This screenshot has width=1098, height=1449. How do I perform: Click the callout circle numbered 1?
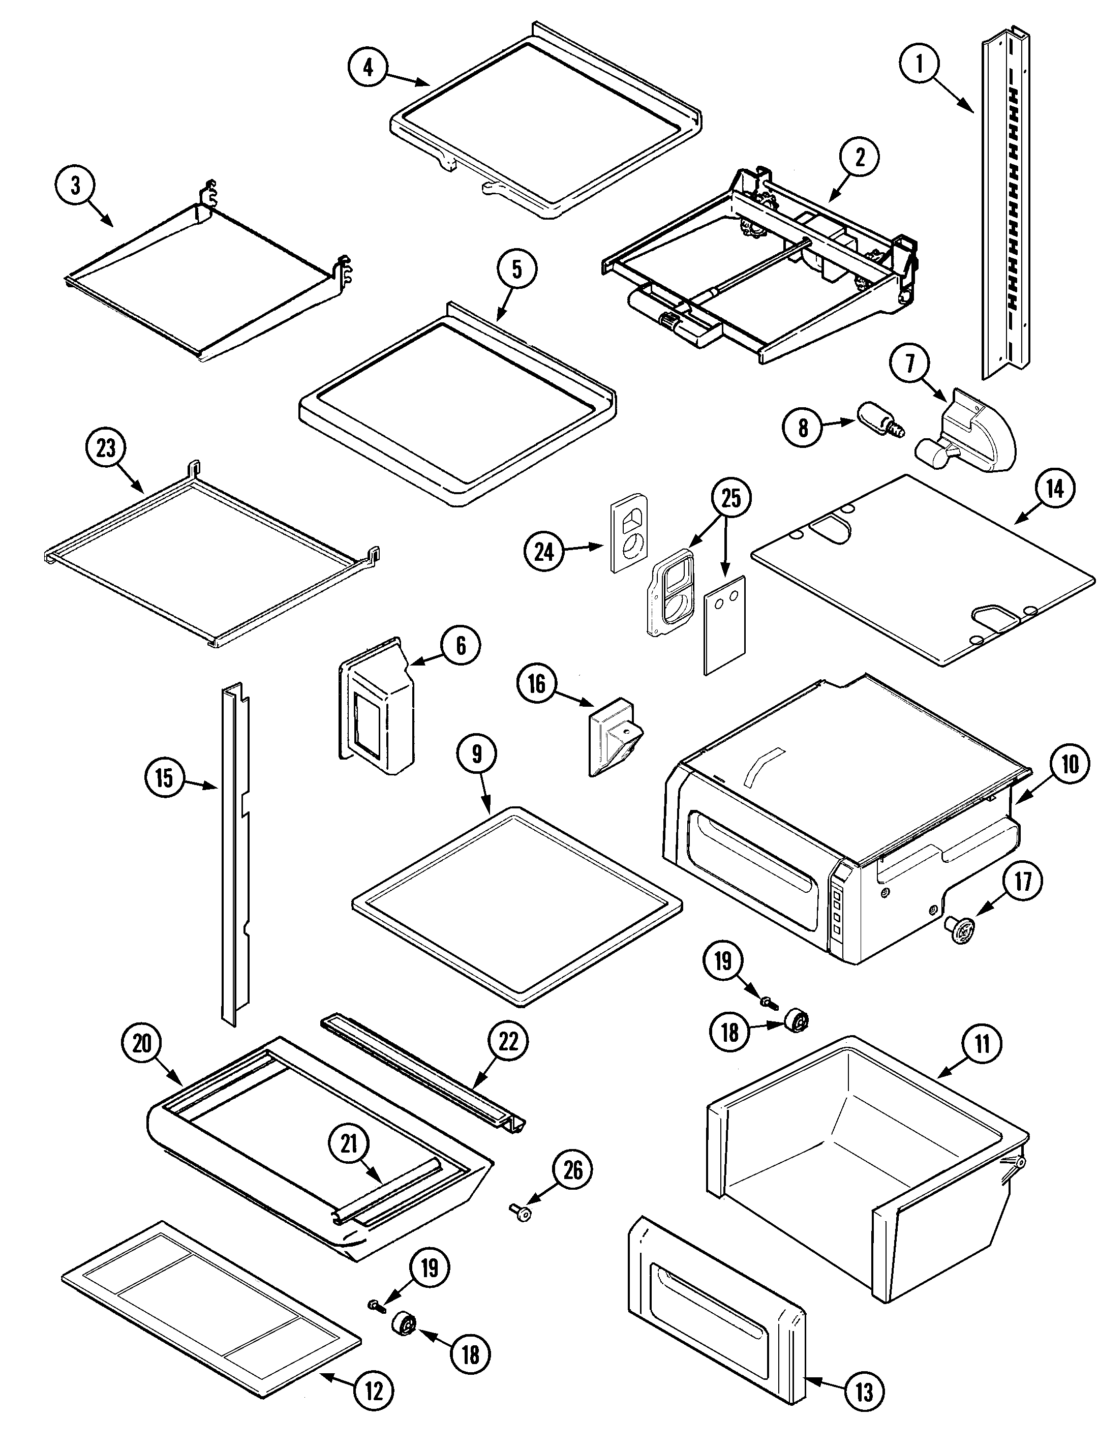919,65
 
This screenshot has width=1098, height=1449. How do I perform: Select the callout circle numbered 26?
572,1170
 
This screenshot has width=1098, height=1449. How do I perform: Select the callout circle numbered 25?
730,498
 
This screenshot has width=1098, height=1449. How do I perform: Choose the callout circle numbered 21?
349,1144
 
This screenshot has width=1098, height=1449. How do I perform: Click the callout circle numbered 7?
910,364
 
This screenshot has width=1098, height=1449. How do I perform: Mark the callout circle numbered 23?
105,448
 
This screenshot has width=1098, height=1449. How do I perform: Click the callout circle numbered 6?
461,645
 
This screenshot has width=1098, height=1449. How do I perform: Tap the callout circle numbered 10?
1069,764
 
